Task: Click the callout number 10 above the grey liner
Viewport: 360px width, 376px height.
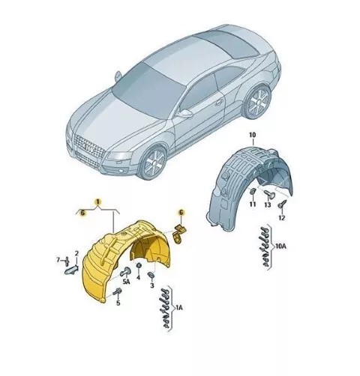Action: point(253,135)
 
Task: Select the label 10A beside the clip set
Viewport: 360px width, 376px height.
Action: point(280,246)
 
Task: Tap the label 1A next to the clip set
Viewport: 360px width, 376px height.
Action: point(179,308)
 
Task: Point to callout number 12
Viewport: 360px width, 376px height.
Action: point(281,218)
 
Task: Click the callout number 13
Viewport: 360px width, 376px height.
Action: point(268,204)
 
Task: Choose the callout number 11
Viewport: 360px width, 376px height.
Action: point(253,204)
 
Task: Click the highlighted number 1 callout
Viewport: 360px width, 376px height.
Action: point(98,201)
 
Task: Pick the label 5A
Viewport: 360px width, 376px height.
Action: point(127,282)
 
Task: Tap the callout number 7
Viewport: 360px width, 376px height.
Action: point(58,260)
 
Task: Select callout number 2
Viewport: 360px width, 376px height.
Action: point(76,254)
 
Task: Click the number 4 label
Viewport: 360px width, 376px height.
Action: point(138,278)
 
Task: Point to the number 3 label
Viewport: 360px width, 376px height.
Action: point(152,285)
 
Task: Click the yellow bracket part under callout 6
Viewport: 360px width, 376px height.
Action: point(179,235)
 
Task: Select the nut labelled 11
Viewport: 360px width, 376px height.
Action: point(253,192)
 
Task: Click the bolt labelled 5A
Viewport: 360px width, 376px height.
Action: point(125,272)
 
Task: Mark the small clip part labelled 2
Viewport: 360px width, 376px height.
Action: point(71,270)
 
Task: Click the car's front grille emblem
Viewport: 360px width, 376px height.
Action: point(90,149)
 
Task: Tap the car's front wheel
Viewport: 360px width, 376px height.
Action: point(153,162)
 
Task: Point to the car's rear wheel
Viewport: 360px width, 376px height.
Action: point(258,102)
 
